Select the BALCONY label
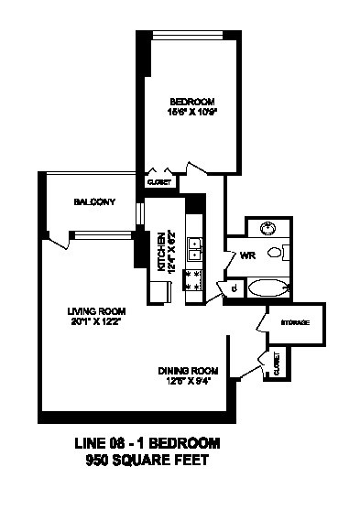click(94, 202)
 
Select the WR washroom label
click(246, 255)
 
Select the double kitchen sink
click(195, 245)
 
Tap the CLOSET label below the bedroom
click(158, 182)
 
